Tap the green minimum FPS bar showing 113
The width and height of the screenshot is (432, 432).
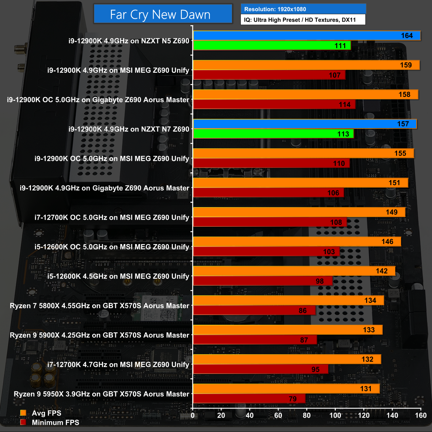[x=273, y=134]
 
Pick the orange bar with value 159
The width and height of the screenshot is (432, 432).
[x=306, y=65]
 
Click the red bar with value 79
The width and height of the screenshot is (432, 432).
[x=249, y=399]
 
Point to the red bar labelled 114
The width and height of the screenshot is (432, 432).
[x=274, y=104]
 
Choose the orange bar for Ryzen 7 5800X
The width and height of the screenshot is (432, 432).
[x=288, y=301]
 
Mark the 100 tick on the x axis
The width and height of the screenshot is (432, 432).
[x=335, y=415]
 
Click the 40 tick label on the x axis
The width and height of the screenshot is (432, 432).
[x=249, y=415]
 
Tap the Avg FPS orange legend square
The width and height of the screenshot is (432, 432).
[x=23, y=413]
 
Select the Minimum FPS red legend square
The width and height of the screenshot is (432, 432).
[x=23, y=422]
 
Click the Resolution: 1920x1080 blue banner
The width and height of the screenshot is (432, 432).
[x=303, y=9]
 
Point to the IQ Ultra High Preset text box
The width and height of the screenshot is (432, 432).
[x=303, y=20]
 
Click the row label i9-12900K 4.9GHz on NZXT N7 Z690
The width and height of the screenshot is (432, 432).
[x=129, y=129]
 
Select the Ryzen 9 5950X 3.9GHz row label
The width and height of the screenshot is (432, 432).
[x=101, y=394]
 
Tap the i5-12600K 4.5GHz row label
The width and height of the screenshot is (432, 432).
[x=118, y=276]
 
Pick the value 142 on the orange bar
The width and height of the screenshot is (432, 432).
[x=382, y=271]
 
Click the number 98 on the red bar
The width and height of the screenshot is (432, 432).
[x=320, y=281]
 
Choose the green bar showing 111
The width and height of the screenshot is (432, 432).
[x=272, y=46]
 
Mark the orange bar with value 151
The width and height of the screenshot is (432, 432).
[x=301, y=183]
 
